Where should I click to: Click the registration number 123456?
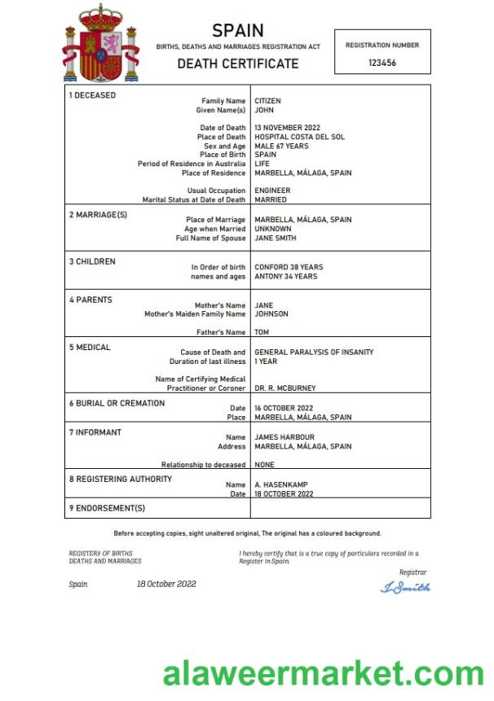382,63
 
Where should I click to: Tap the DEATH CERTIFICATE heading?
238,64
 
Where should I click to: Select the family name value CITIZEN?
267,101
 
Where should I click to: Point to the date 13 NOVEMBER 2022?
288,128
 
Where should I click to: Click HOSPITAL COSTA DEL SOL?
299,137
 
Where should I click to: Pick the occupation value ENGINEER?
272,191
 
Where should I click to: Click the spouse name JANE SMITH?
276,238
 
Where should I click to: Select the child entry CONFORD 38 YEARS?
289,267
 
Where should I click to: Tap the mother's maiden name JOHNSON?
271,313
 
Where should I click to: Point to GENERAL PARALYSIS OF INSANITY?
314,353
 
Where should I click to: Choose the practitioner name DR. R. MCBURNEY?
285,388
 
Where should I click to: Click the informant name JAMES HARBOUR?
284,437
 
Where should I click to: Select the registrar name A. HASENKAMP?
281,484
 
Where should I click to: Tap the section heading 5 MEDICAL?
90,348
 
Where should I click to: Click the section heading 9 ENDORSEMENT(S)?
107,508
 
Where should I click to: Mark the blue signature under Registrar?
405,587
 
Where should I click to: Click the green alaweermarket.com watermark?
323,674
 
